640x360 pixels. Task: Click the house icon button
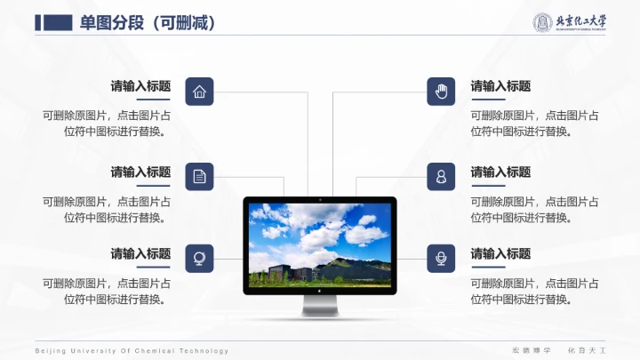tap(199, 92)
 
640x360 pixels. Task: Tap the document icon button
tap(199, 176)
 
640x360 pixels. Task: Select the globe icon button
tap(199, 258)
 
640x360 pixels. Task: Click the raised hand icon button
tap(441, 92)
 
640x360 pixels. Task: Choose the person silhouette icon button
tap(441, 176)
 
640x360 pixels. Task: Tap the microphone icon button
tap(441, 258)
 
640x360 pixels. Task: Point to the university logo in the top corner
tap(569, 23)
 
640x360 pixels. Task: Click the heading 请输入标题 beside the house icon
tap(140, 86)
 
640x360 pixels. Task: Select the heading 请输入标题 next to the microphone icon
tap(500, 253)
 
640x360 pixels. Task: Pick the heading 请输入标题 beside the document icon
tap(140, 172)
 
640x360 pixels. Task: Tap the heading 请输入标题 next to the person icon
tap(500, 172)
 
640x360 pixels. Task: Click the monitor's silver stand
tap(320, 307)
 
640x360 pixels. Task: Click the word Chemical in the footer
tap(154, 351)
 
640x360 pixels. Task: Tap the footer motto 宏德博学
tap(525, 351)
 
